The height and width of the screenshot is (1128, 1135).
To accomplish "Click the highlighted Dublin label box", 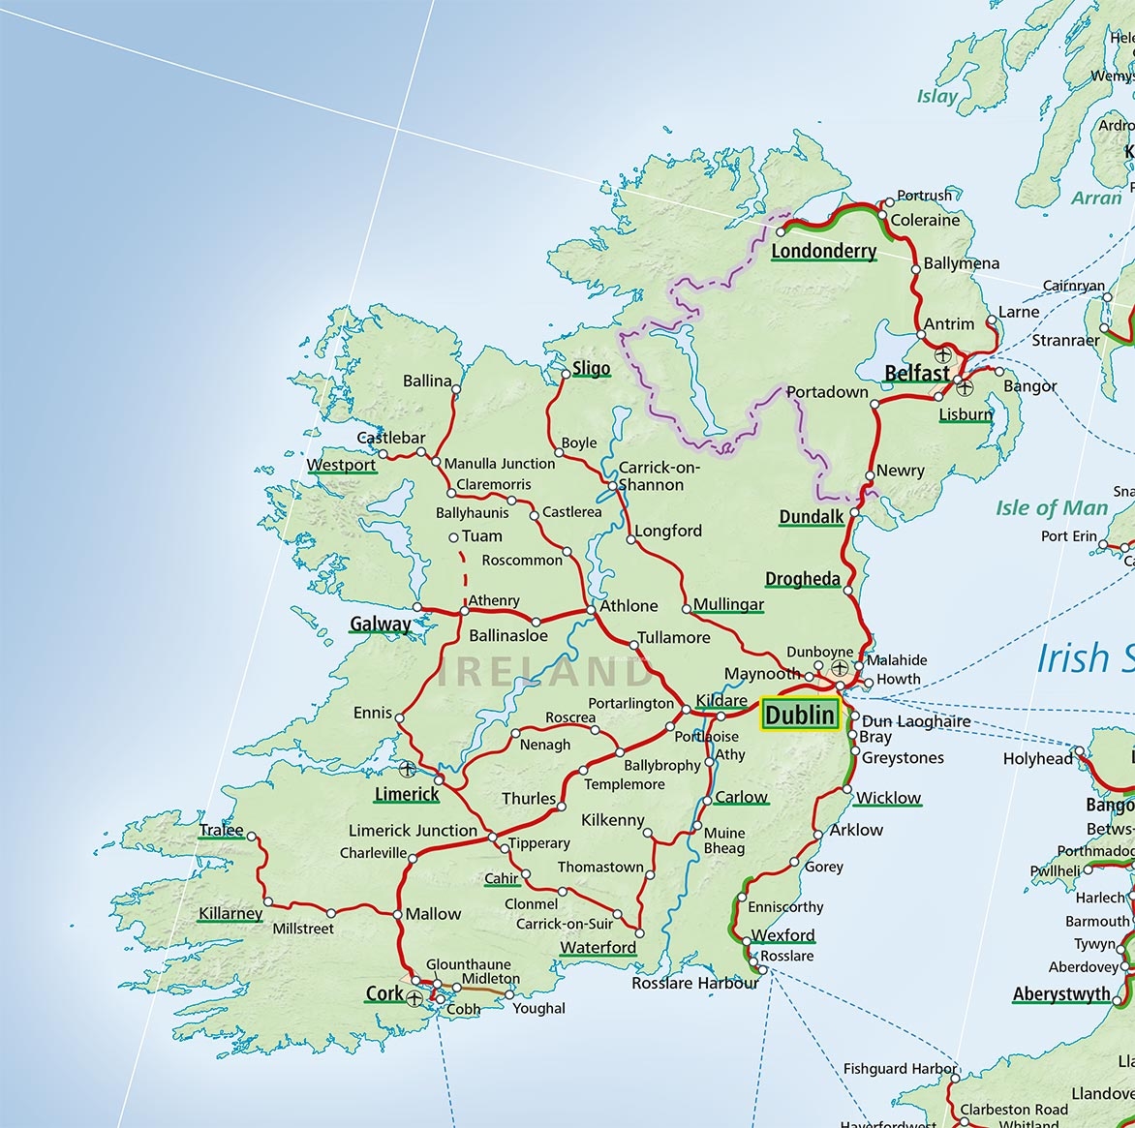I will click(799, 715).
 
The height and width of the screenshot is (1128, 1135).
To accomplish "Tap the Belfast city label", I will click(916, 373).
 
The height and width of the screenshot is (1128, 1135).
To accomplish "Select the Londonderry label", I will click(823, 251).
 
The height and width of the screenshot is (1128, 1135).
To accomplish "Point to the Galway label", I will click(380, 624).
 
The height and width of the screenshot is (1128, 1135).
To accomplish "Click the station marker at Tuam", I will click(453, 537).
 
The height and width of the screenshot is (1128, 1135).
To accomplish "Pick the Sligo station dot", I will click(567, 373).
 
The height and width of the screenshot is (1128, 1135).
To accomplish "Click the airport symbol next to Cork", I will click(415, 997).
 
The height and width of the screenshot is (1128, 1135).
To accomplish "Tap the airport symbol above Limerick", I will click(407, 770).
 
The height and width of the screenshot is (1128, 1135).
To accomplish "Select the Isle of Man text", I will click(1051, 508).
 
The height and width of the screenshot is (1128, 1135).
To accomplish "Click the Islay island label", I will click(936, 96).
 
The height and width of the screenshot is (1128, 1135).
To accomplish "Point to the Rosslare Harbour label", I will click(694, 983).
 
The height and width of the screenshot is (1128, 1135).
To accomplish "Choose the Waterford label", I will click(598, 947).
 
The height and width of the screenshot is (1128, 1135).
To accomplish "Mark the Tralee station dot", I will click(252, 835).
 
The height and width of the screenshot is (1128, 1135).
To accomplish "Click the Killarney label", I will click(230, 913).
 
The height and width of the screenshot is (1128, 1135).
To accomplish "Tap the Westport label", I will click(341, 465).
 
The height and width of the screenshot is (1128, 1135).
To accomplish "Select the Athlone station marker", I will click(591, 610).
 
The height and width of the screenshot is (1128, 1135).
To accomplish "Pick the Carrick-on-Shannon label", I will click(659, 475).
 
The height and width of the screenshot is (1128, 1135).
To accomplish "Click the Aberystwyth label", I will click(1061, 994).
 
